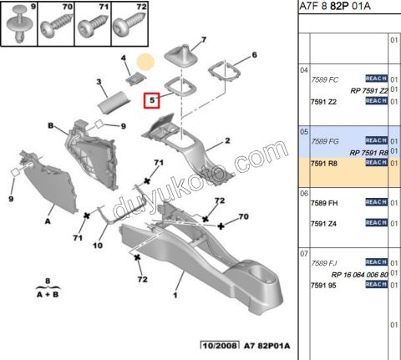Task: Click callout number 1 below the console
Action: (x=176, y=296)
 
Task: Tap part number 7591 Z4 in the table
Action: (x=325, y=223)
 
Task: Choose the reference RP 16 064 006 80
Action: (x=359, y=274)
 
